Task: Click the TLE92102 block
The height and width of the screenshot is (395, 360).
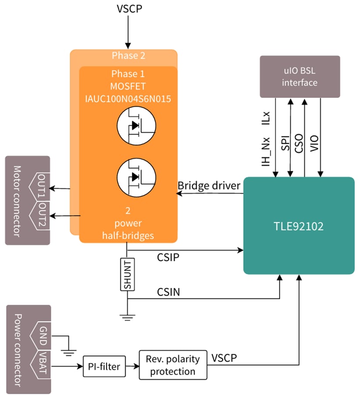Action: coord(299,226)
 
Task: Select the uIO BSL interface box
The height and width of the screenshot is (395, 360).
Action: coord(300,76)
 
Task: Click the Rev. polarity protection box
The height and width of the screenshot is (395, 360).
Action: coord(173,365)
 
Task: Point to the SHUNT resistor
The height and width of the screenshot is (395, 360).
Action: coord(127,274)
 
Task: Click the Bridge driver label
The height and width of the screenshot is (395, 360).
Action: coord(209,186)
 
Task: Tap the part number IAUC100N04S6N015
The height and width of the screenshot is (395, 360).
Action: coord(128,99)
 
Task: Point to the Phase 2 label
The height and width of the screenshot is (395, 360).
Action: coord(128,56)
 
